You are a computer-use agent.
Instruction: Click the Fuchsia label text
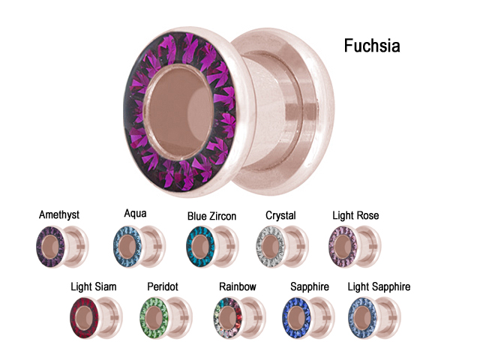[x=371, y=46]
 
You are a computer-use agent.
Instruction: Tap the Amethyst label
[x=59, y=215]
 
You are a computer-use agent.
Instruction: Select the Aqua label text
[x=135, y=214]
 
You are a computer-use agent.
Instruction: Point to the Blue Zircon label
[x=211, y=216]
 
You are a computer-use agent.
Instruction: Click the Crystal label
[x=281, y=216]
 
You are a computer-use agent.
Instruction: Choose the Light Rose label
[x=355, y=216]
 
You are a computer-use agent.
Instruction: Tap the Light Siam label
[x=94, y=286]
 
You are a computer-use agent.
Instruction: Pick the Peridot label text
[x=162, y=286]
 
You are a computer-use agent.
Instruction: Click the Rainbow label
[x=238, y=286]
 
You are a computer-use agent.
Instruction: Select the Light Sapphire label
[x=379, y=286]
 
